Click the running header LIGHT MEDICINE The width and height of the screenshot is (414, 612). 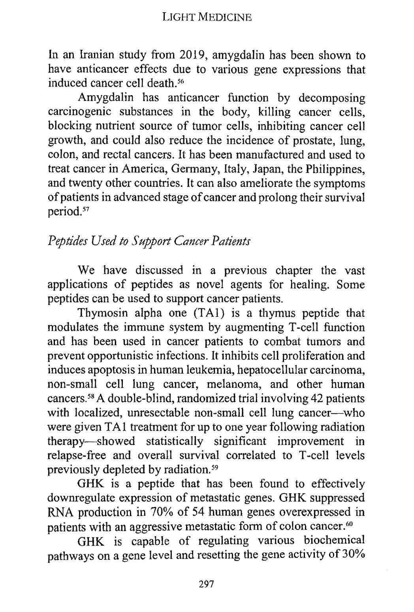[207, 17]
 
